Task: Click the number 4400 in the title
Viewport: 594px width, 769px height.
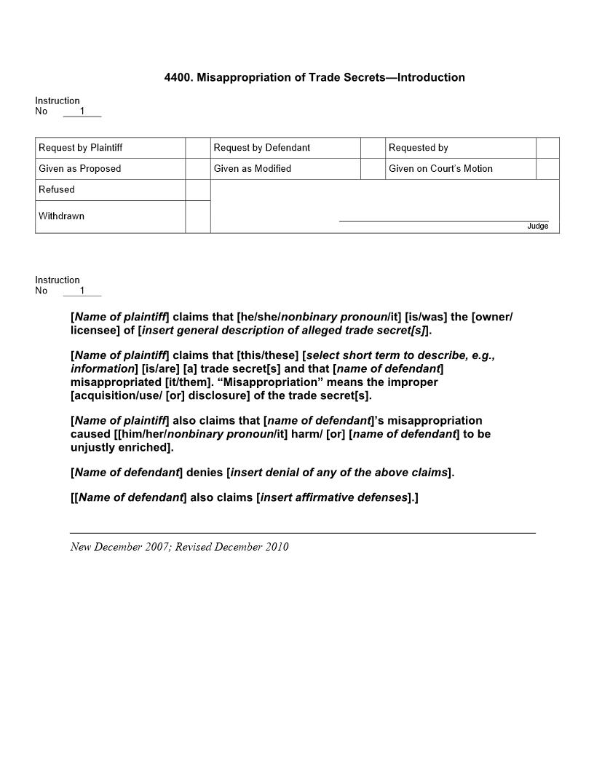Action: click(x=178, y=77)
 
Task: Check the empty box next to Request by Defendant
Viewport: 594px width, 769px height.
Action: click(x=373, y=148)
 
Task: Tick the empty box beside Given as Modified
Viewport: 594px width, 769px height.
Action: click(x=373, y=169)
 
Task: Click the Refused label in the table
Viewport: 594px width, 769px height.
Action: click(x=57, y=189)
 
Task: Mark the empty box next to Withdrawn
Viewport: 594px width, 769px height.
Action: click(x=197, y=217)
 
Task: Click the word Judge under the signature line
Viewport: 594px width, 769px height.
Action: click(x=537, y=226)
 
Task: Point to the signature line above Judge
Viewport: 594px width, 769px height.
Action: click(x=443, y=221)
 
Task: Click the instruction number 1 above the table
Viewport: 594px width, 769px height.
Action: click(x=82, y=111)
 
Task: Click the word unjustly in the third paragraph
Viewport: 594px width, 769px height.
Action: click(x=92, y=447)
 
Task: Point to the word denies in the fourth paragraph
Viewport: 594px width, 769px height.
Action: click(x=205, y=473)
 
